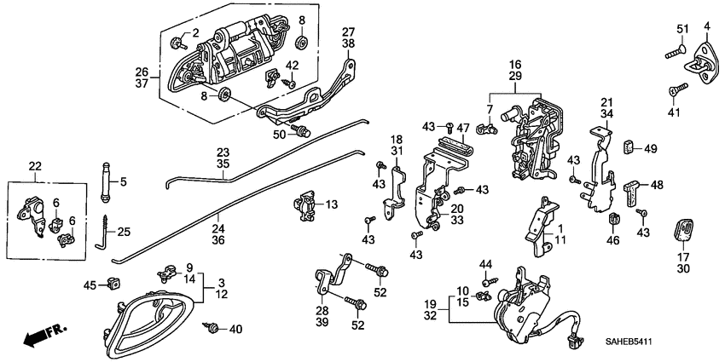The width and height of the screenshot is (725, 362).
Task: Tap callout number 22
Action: [35, 166]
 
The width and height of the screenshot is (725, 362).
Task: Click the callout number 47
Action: [463, 127]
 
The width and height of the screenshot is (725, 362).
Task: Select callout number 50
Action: [279, 134]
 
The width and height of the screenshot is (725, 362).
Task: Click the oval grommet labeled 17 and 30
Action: [683, 230]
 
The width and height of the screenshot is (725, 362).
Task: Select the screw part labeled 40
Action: [213, 327]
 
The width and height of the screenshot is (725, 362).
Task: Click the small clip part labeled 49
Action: [629, 148]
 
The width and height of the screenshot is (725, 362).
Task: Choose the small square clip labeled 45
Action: [109, 284]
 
